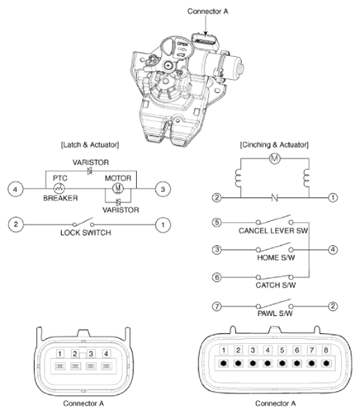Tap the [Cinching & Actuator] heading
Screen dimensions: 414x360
[x=272, y=145]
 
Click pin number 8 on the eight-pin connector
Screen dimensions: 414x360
[x=325, y=350]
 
